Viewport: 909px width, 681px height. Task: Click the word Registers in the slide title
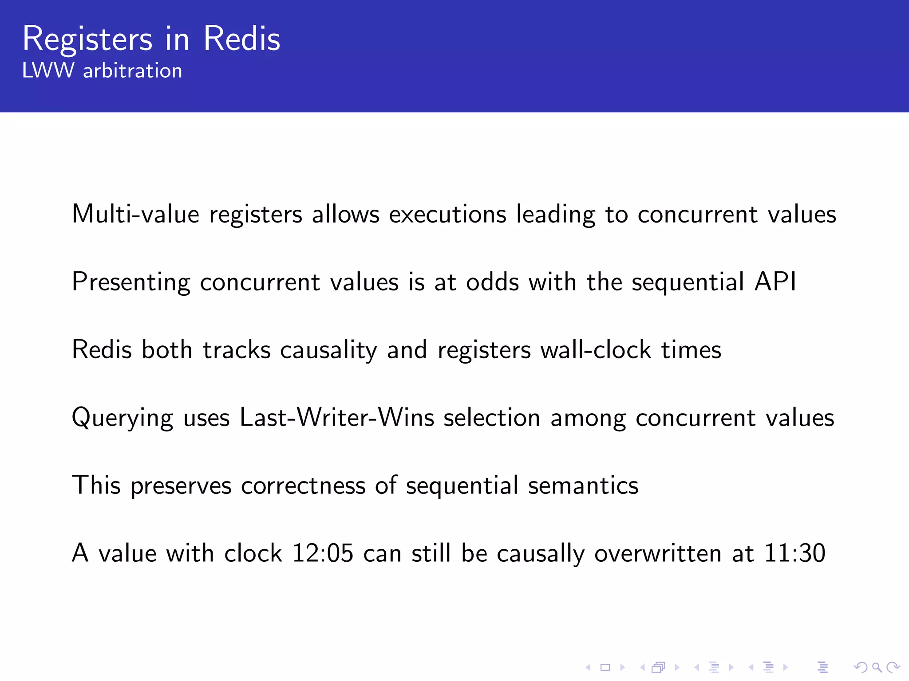tap(87, 39)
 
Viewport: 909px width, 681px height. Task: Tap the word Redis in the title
tap(242, 39)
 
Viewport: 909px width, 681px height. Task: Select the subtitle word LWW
tap(48, 71)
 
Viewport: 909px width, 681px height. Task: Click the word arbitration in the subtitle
tap(133, 71)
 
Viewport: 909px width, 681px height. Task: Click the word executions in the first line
tap(447, 214)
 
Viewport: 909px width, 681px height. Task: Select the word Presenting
tap(131, 282)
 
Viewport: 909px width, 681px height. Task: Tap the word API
tap(775, 282)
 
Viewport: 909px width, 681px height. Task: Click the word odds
tap(492, 282)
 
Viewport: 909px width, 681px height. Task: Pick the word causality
tap(328, 350)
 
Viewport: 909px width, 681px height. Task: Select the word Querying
tap(123, 418)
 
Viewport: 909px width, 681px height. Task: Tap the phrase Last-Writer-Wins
tap(337, 418)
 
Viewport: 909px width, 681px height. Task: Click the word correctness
tap(303, 485)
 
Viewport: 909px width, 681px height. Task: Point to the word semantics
tap(583, 485)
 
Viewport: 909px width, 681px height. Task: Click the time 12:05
tap(323, 553)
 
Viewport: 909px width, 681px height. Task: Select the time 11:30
tap(794, 553)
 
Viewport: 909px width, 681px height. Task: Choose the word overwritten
tap(658, 553)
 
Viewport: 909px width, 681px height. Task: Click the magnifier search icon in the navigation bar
tap(877, 667)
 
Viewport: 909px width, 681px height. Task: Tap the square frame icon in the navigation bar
tap(605, 667)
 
